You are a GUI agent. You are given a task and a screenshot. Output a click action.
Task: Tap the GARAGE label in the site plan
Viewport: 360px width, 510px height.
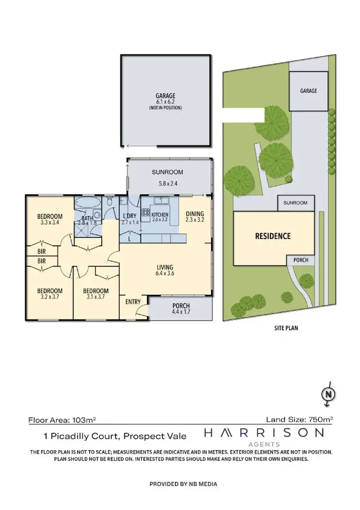[309, 90]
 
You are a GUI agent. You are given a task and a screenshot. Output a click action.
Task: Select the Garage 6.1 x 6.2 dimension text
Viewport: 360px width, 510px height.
[165, 102]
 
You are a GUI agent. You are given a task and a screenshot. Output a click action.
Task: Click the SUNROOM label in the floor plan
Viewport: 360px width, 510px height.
[168, 172]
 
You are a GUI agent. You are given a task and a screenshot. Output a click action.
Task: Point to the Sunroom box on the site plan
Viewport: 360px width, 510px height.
[296, 203]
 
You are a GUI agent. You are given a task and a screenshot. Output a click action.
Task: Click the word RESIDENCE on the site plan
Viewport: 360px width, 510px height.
[273, 236]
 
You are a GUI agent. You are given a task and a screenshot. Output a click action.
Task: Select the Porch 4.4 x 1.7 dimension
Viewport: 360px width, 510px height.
[180, 313]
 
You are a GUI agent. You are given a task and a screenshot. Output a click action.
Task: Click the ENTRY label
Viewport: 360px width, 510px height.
[133, 302]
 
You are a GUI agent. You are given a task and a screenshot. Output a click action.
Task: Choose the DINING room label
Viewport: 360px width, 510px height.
[195, 214]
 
